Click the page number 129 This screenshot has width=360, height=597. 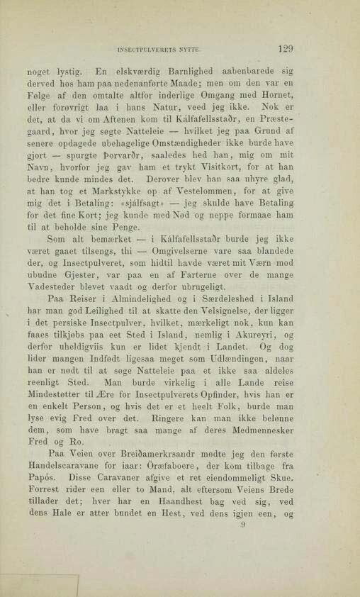coord(286,50)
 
